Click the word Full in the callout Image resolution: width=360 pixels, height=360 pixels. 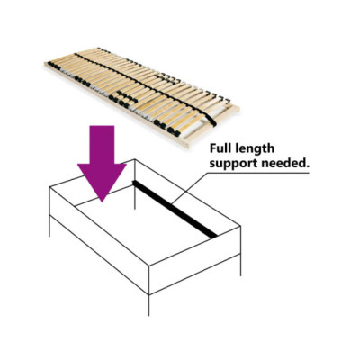pos(220,148)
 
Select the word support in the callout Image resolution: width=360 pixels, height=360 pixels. pos(231,164)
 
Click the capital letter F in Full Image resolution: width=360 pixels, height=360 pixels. pos(213,148)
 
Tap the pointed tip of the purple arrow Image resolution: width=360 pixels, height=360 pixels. pos(103,202)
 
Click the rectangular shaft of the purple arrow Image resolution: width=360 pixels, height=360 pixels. pos(103,145)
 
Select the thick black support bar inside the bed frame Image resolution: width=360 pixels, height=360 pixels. pos(175,209)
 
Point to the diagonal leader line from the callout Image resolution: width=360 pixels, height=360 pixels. pos(189,188)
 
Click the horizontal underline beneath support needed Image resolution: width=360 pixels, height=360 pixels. pos(258,173)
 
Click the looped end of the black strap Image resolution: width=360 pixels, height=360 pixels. pos(211,121)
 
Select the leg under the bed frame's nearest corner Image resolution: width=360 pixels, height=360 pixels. pos(149,305)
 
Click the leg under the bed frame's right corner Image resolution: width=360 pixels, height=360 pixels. pos(240,265)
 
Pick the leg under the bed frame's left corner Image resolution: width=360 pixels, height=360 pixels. pos(49,226)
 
